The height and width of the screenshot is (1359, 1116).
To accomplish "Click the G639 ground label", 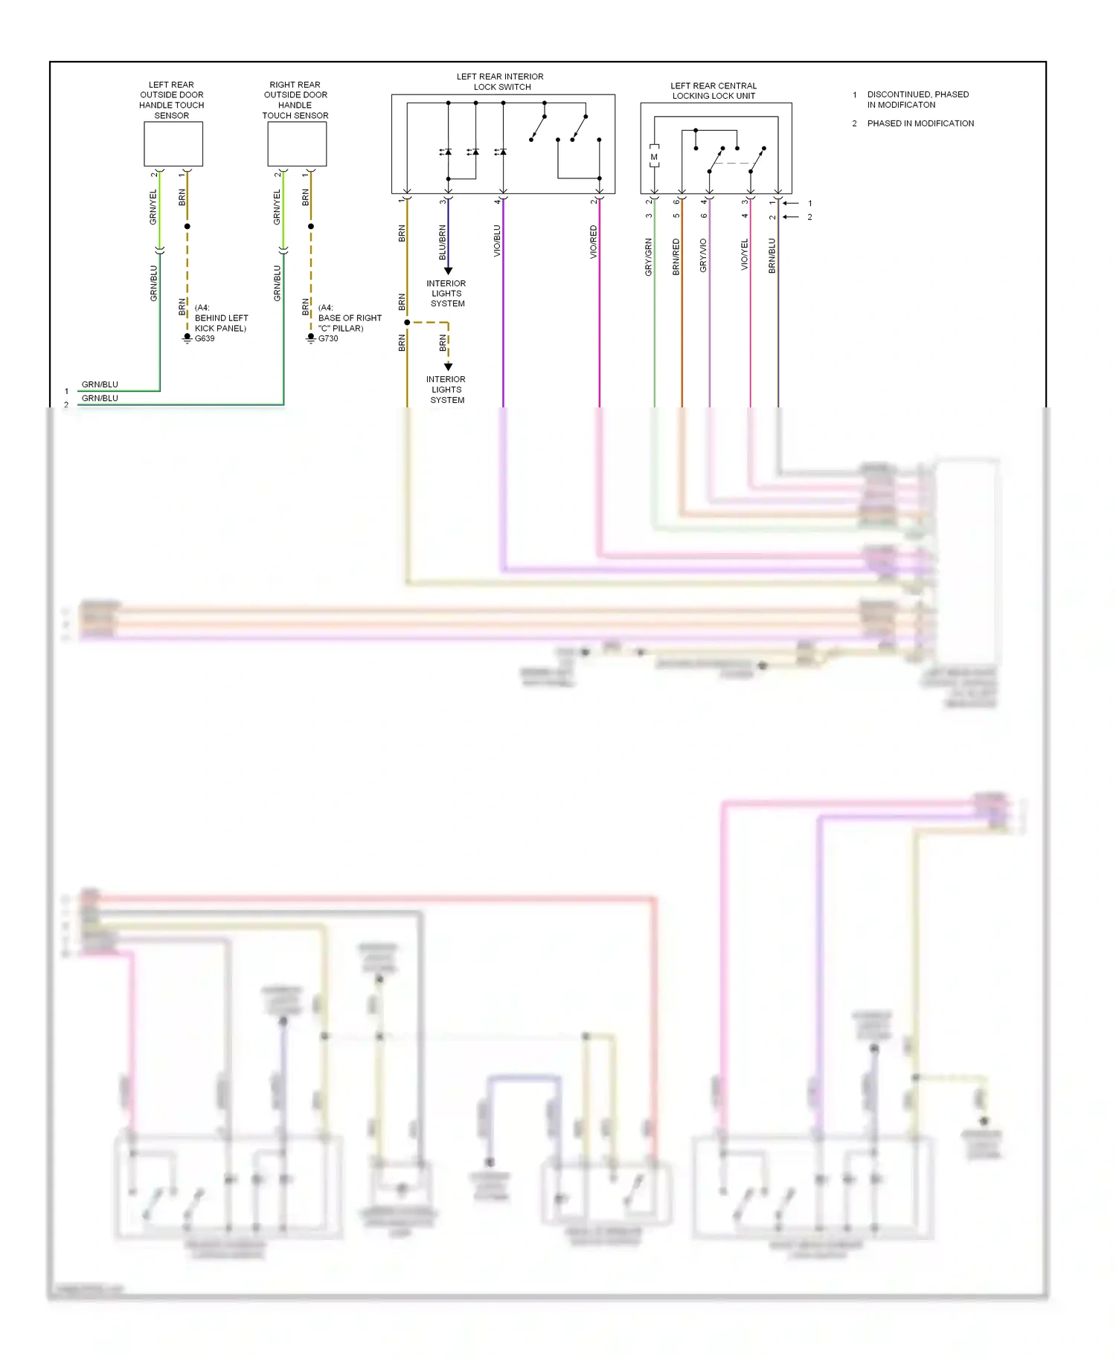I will (x=205, y=338).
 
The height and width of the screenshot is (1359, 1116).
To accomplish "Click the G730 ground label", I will (x=328, y=338).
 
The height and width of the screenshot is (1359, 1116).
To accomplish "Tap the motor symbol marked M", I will (x=654, y=157).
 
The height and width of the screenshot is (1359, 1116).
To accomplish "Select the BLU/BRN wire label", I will (x=443, y=242).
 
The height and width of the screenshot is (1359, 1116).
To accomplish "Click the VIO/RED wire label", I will (x=594, y=242).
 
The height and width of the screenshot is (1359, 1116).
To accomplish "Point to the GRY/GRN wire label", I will (x=649, y=257).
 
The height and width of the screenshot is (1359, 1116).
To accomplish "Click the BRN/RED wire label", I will (x=676, y=257).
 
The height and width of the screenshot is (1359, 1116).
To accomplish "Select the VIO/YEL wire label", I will (x=745, y=254).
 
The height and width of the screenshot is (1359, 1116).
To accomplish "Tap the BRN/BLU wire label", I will (x=772, y=256).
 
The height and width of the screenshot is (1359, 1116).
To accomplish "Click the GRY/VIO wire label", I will (x=703, y=256).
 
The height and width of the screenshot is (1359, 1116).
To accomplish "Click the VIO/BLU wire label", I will (x=497, y=242).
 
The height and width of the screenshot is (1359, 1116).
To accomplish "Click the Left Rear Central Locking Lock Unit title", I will (x=713, y=91).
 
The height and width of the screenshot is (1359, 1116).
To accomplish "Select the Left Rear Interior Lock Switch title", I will (x=500, y=82).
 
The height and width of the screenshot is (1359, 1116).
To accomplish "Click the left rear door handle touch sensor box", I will (x=173, y=144).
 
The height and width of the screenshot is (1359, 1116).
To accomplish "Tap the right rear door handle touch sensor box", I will (x=297, y=144).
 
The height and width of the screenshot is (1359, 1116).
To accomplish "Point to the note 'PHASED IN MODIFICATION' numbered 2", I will (x=920, y=123).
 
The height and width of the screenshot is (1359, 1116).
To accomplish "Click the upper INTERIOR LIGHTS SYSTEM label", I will (x=446, y=294).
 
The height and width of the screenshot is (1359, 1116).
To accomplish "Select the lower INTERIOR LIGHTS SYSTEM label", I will (x=446, y=390).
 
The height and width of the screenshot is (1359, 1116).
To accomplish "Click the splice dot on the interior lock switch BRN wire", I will (x=407, y=323).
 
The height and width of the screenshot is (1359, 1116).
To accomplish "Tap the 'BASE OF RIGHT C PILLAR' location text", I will (x=349, y=323).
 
